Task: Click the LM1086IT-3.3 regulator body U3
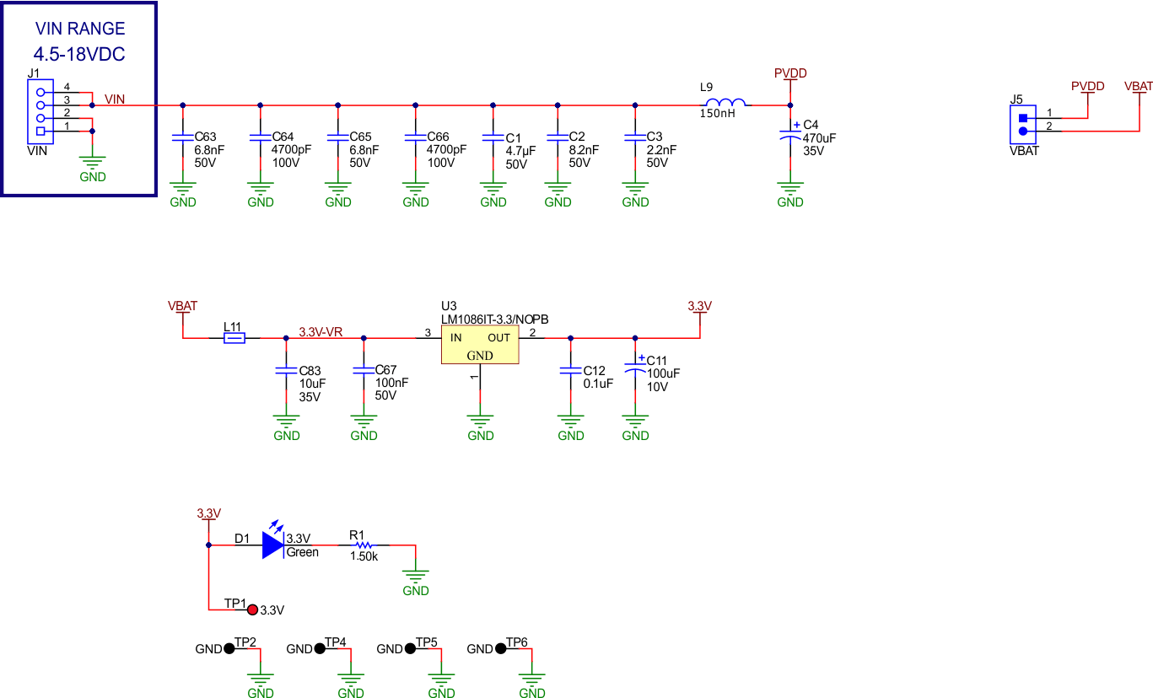[479, 346]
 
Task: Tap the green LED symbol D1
[273, 545]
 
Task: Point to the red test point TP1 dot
[252, 609]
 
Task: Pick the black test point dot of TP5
[410, 648]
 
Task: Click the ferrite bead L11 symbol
[234, 338]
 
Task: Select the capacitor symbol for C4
[789, 135]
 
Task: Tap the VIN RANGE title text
[80, 30]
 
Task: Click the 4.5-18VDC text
[80, 55]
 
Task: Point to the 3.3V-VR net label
[321, 332]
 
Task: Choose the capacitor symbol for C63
[183, 137]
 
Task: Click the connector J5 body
[1023, 124]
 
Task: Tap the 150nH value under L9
[717, 113]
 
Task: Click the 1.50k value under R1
[364, 557]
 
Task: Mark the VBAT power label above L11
[182, 306]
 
